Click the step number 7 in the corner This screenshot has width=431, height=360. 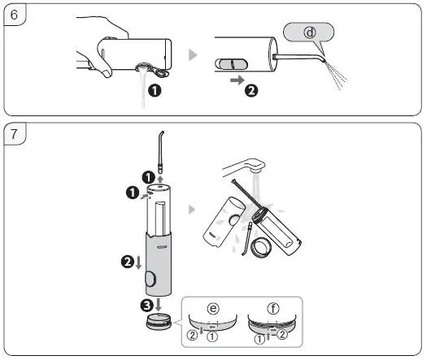[13, 133]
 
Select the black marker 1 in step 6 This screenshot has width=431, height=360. [154, 91]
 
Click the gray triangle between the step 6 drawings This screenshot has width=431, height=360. [192, 55]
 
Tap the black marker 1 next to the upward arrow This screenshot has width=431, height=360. [147, 177]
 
